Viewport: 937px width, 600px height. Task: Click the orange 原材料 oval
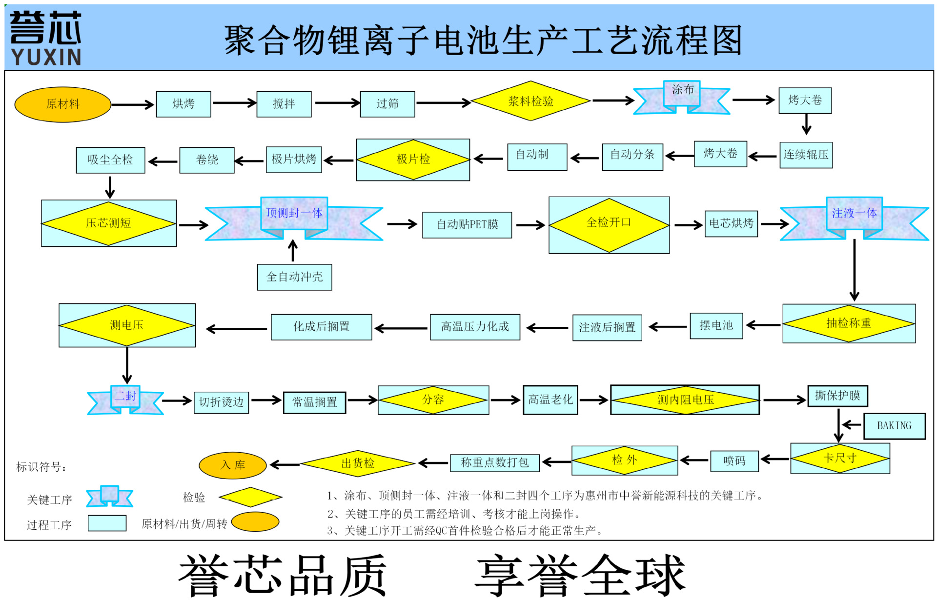(x=62, y=104)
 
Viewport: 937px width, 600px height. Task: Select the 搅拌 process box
(x=284, y=104)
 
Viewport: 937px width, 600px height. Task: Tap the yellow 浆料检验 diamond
(x=530, y=101)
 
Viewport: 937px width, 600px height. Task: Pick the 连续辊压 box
(x=806, y=155)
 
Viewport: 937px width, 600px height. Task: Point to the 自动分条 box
(x=632, y=156)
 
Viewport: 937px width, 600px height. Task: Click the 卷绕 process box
(x=207, y=160)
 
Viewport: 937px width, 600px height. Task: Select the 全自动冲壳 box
(x=294, y=277)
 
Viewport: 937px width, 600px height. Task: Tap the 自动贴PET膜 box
(x=467, y=225)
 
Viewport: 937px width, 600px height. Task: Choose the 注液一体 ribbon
(x=854, y=215)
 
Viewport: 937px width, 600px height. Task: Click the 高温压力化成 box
(x=475, y=327)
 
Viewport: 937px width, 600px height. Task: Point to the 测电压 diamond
(x=127, y=325)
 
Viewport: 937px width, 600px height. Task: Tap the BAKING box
(x=894, y=426)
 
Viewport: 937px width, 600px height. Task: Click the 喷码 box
(x=734, y=461)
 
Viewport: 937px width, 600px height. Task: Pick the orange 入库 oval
(x=233, y=465)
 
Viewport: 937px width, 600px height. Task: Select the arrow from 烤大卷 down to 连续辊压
(x=806, y=124)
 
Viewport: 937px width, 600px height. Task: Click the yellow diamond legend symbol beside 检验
(x=250, y=497)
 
